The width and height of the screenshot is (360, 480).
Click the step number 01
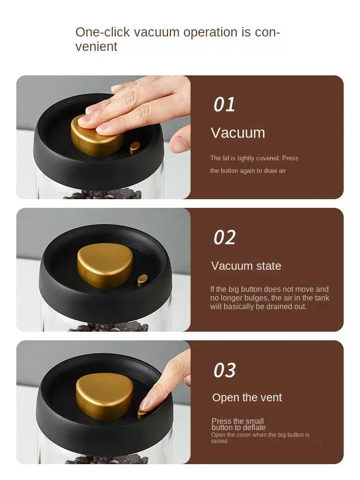[x=224, y=104]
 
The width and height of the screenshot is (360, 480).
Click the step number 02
[x=225, y=238]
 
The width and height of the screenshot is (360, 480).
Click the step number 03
[x=225, y=371]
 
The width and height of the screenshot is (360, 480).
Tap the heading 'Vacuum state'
[x=246, y=266]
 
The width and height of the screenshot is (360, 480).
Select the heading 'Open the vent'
[x=247, y=397]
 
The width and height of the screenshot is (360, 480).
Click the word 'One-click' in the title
[x=103, y=32]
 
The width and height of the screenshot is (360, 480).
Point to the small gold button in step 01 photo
[x=135, y=148]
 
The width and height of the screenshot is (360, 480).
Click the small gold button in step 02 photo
[x=142, y=280]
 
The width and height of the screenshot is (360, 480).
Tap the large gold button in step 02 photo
[x=105, y=265]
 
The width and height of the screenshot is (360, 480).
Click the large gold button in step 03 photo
[x=104, y=396]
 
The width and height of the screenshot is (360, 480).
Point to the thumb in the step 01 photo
[x=180, y=141]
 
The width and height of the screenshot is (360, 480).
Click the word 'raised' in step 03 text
[x=219, y=441]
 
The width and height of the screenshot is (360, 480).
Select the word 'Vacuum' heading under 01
[x=238, y=133]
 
